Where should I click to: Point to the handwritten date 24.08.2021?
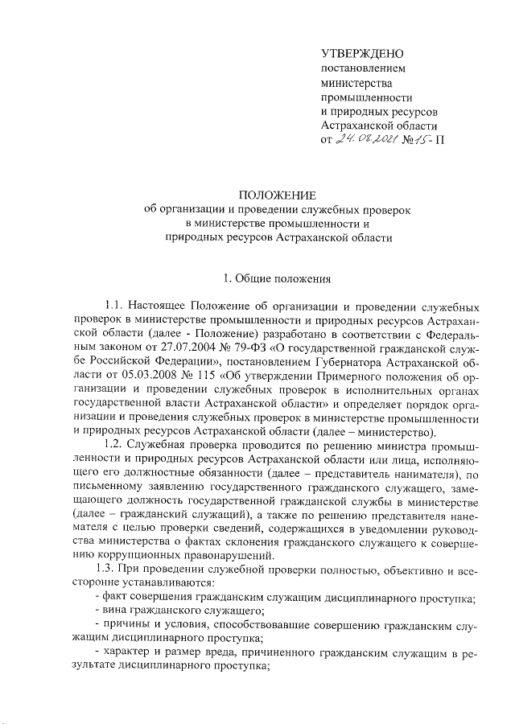pyautogui.click(x=368, y=140)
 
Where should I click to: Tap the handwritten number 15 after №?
pyautogui.click(x=418, y=140)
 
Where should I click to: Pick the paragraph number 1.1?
pyautogui.click(x=113, y=306)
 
